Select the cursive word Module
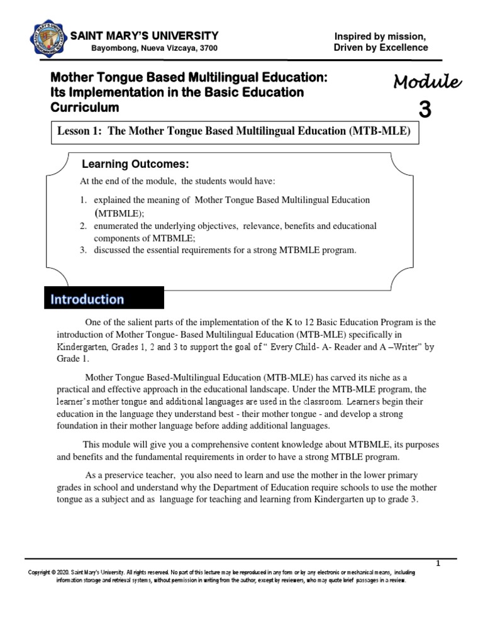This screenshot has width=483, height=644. (428, 82)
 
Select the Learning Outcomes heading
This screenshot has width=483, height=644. (136, 165)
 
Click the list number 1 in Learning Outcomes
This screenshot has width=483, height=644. (82, 199)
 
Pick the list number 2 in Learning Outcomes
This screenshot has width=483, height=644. (82, 225)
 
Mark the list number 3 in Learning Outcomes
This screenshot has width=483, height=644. (82, 250)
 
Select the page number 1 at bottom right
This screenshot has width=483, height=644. (438, 563)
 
